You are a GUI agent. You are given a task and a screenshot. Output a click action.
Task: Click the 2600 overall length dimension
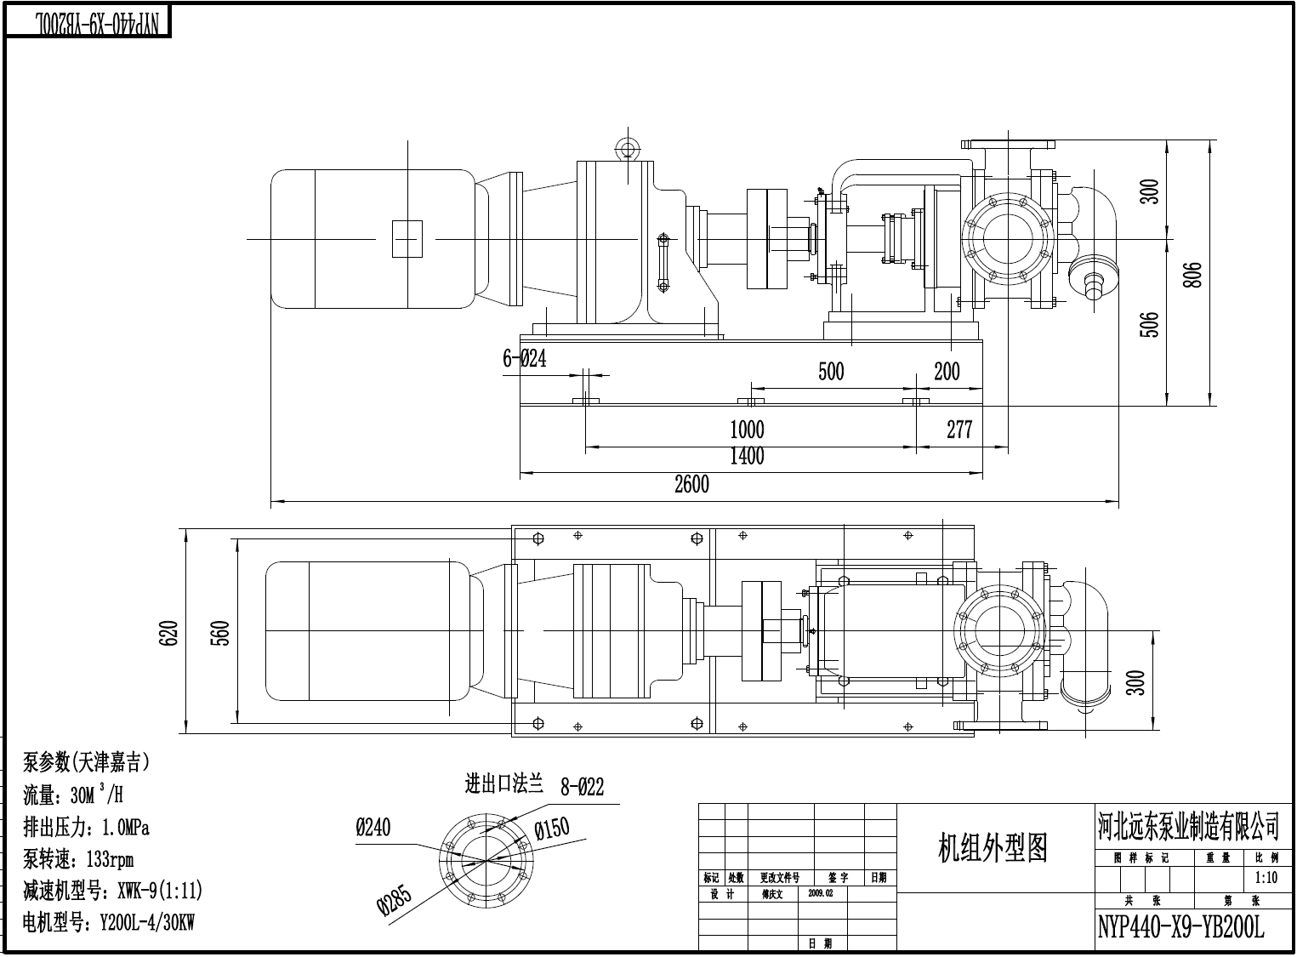click(691, 485)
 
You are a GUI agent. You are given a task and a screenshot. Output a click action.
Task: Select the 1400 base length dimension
click(747, 457)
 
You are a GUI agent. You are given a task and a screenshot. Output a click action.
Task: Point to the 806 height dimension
click(1192, 274)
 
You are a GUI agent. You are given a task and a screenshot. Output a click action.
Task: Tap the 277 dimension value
click(959, 430)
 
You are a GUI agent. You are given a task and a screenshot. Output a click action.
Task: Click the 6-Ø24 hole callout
click(524, 359)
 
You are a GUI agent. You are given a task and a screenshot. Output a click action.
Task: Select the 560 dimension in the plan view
click(219, 632)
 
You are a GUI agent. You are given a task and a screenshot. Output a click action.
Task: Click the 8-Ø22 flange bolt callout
click(582, 787)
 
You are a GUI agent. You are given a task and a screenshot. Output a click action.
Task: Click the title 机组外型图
click(993, 847)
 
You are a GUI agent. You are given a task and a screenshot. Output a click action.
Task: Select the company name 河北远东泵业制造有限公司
click(1187, 824)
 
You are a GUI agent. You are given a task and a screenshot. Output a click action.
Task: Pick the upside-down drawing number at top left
click(88, 23)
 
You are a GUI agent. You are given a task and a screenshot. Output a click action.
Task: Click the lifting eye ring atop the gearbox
click(628, 146)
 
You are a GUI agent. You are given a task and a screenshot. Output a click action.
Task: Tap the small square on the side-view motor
click(407, 238)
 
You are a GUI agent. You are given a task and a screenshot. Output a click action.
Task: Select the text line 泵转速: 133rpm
click(78, 858)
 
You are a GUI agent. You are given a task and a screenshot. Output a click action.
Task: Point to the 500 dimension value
click(831, 372)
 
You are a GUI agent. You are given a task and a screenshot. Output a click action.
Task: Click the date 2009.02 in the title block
click(821, 894)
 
